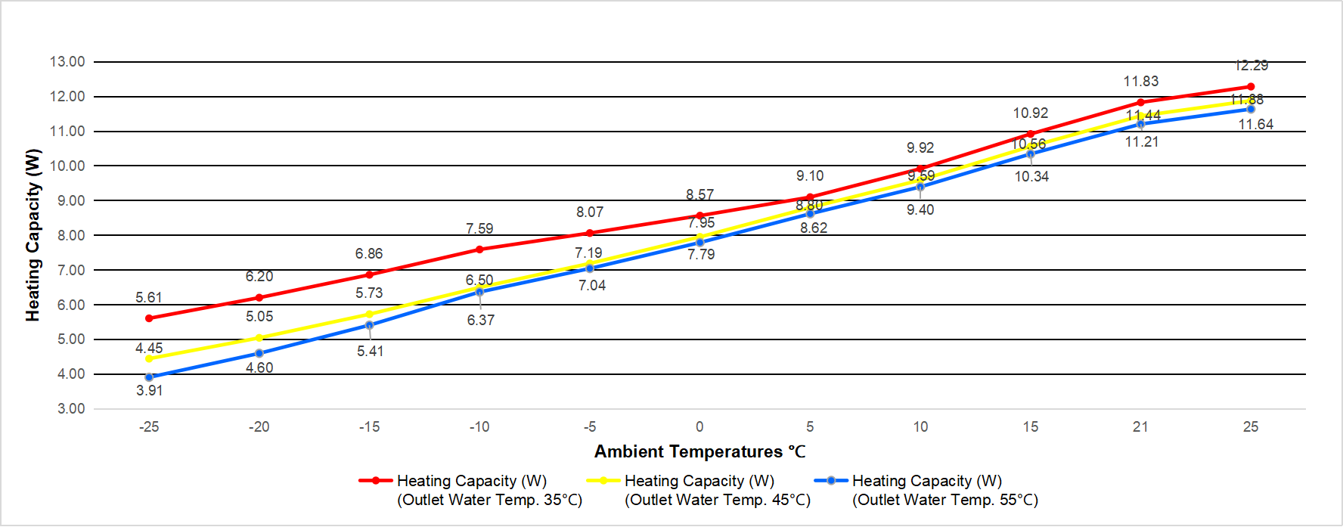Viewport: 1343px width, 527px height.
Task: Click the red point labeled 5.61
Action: tap(149, 318)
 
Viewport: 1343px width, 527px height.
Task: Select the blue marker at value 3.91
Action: tap(149, 377)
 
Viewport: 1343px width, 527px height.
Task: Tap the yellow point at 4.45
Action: tap(149, 358)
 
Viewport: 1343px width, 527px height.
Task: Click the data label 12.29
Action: tap(1251, 66)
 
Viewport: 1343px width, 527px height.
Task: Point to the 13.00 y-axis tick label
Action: tap(67, 62)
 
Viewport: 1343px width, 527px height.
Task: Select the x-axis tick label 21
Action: tap(1140, 427)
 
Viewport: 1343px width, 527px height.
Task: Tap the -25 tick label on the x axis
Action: tap(149, 427)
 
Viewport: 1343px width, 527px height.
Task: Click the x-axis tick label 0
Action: tap(699, 427)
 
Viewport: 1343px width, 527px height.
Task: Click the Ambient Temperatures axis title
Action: tap(699, 452)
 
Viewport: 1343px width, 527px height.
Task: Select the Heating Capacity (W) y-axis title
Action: tap(33, 235)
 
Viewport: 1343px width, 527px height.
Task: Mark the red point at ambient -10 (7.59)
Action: tap(479, 250)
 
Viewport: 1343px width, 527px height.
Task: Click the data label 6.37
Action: tap(480, 321)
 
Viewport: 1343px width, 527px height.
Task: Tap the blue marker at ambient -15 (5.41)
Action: tap(369, 325)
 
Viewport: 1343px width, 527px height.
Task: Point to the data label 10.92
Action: tap(1030, 113)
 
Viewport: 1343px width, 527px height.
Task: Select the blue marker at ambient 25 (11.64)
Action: tap(1251, 110)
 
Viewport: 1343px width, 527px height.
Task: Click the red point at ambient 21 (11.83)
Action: tap(1140, 102)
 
